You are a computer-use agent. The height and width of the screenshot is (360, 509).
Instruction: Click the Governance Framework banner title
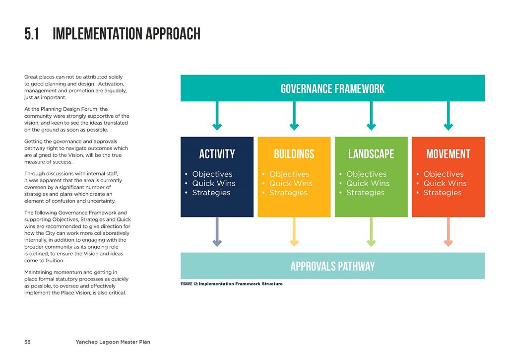coord(332,89)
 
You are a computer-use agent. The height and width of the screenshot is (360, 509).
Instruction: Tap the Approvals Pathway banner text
coord(332,267)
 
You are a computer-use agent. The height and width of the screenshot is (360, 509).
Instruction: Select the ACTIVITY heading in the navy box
coord(217,154)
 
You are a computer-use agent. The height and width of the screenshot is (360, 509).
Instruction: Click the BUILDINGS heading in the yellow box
coord(294,154)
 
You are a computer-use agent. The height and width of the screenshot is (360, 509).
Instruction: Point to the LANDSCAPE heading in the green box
coord(371,154)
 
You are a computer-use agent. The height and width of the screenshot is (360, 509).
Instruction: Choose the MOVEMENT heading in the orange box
coord(448,154)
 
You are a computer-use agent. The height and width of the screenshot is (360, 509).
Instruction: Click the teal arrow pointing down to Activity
coord(217,116)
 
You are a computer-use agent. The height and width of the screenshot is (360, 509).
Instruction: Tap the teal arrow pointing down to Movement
coord(448,116)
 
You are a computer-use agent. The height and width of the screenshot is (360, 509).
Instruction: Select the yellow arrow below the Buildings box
coord(294,232)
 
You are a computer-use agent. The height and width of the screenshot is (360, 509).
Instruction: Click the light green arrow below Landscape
coord(371,232)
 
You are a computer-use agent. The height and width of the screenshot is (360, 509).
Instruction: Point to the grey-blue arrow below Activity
coord(217,232)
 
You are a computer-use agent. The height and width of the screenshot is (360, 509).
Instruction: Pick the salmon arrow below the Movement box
coord(448,232)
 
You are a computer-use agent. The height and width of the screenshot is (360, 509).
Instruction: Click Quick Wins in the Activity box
coord(214,183)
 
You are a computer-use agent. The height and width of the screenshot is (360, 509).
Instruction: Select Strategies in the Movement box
coord(443,193)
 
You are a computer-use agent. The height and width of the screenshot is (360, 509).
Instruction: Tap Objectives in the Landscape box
coord(367,174)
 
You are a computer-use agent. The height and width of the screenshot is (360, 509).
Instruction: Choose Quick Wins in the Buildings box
coord(291,183)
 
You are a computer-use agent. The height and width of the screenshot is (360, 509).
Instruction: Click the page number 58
coord(28,342)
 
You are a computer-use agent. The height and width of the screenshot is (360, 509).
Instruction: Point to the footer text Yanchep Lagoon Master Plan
coord(113,342)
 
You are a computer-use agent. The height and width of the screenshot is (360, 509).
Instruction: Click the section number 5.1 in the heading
coord(31,34)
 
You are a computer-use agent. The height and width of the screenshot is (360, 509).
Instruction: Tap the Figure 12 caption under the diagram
coord(232,284)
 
